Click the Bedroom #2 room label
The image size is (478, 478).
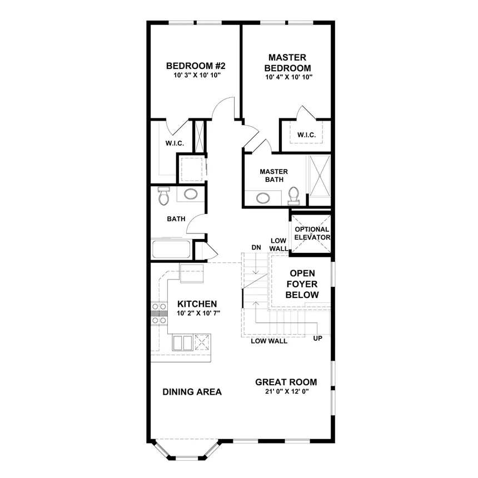(195, 66)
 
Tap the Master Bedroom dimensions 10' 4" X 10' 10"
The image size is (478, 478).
(288, 77)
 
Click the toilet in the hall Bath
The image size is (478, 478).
(163, 196)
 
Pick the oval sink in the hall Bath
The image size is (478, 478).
(191, 195)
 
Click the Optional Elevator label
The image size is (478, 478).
(312, 233)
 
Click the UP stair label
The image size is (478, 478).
(318, 338)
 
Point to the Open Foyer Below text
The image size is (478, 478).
(302, 284)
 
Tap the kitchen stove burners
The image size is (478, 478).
(160, 313)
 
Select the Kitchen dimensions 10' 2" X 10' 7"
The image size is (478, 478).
(198, 313)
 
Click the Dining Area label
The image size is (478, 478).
(192, 392)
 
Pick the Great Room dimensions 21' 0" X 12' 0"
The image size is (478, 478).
(286, 391)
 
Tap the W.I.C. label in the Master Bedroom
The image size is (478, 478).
(306, 135)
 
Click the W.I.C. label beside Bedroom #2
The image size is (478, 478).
(174, 143)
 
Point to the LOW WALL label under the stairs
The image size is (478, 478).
(269, 341)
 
